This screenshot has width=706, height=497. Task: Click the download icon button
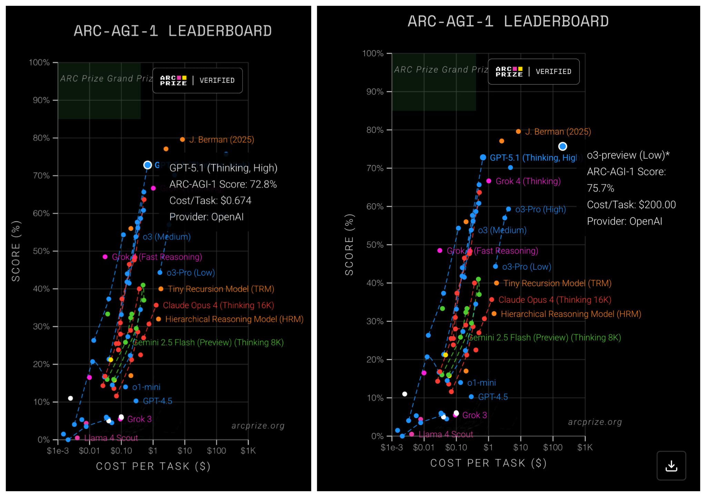coord(671,466)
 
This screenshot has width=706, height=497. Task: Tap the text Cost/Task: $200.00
coord(631,205)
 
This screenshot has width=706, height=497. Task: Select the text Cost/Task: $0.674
coord(210,200)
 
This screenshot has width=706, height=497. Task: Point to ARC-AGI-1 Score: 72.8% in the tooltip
coord(223,184)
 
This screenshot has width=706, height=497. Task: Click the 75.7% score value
coord(600,188)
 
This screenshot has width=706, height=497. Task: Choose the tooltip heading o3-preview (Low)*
coord(628,155)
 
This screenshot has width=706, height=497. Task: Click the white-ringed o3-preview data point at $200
coord(562,146)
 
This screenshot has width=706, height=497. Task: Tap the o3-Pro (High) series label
coord(540,209)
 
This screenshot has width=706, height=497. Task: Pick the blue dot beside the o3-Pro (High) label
coord(508,209)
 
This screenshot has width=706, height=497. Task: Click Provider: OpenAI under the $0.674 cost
coord(206,217)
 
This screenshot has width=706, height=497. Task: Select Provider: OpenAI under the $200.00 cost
coord(624,221)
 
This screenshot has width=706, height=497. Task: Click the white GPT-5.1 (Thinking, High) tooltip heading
coord(223,168)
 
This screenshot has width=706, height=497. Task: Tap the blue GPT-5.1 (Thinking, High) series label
coord(533,158)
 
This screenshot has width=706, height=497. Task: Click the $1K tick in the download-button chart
coord(585,447)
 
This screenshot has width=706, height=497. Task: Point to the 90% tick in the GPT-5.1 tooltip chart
coord(41,100)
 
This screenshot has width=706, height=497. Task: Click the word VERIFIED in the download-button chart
coord(553,72)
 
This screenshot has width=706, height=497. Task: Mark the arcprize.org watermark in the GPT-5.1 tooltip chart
coord(258,426)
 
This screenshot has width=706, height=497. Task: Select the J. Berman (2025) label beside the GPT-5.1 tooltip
coord(221,139)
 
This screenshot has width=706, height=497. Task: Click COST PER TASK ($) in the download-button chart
coord(488,463)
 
